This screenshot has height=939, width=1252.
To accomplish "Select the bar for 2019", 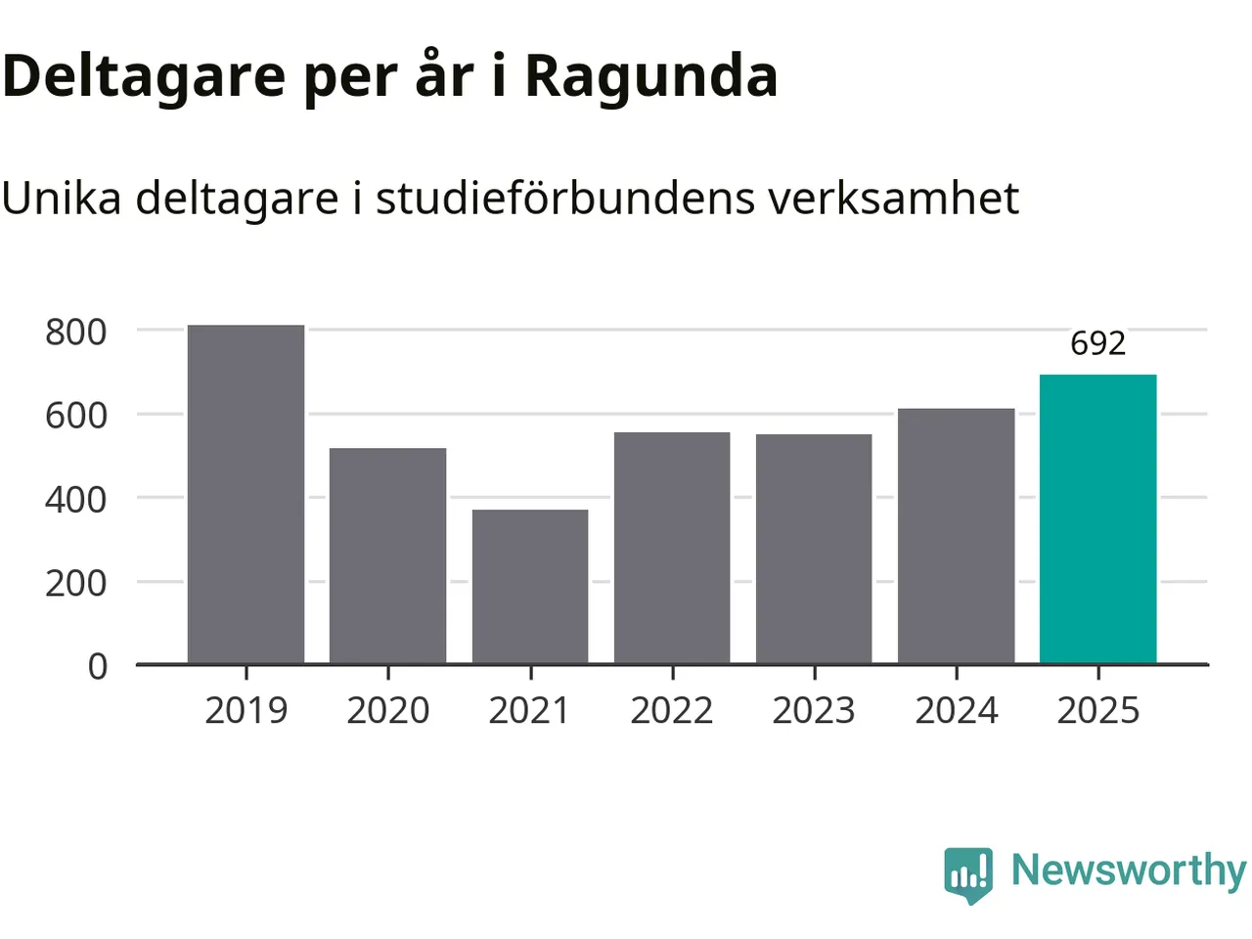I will pyautogui.click(x=246, y=494).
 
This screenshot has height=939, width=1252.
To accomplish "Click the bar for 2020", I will pyautogui.click(x=387, y=556).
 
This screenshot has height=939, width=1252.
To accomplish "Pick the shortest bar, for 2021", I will pyautogui.click(x=530, y=586).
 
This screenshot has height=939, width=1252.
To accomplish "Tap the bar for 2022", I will pyautogui.click(x=672, y=548).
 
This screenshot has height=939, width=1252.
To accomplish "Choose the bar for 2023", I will pyautogui.click(x=814, y=549).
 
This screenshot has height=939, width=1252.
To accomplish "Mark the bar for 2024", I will pyautogui.click(x=956, y=536).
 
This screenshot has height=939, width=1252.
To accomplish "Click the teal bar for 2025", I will pyautogui.click(x=1097, y=519).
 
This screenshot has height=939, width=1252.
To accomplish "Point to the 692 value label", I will pyautogui.click(x=1097, y=343).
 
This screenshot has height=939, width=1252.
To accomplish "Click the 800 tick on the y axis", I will pyautogui.click(x=76, y=332).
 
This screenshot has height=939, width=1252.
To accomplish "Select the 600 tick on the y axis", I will pyautogui.click(x=76, y=415).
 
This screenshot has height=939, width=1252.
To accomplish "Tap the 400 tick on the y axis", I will pyautogui.click(x=76, y=499).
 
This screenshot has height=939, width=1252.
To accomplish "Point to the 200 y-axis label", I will pyautogui.click(x=76, y=582).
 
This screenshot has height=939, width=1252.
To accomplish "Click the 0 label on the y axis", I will pyautogui.click(x=98, y=666).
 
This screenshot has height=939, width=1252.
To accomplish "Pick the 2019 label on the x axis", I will pyautogui.click(x=246, y=710).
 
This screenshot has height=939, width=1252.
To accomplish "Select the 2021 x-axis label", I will pyautogui.click(x=529, y=710).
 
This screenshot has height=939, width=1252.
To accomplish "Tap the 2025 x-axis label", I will pyautogui.click(x=1098, y=710).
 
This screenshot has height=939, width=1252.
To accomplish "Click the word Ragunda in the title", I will pyautogui.click(x=651, y=75).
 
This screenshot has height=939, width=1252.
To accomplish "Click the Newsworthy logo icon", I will pyautogui.click(x=968, y=873).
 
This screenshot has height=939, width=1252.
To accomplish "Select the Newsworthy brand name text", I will pyautogui.click(x=1129, y=870).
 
